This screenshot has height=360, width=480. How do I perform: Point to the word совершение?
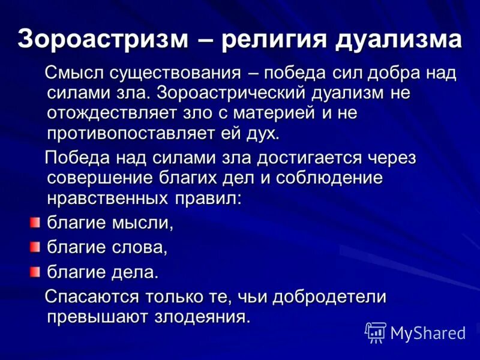point(95,178)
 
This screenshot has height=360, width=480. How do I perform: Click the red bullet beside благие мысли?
point(35,223)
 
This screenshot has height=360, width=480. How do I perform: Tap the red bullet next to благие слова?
point(35,246)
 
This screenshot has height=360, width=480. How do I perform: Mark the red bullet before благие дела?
point(35,271)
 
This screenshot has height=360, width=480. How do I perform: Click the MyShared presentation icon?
point(376,332)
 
